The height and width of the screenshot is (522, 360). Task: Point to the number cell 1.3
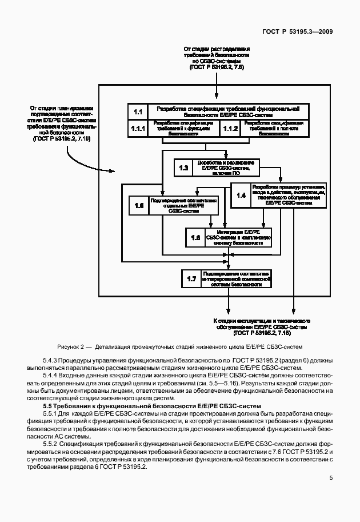[183, 168]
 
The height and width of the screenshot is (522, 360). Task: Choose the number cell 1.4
[241, 195]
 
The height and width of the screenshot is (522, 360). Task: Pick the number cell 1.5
[138, 206]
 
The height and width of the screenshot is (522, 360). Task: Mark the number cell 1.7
[191, 279]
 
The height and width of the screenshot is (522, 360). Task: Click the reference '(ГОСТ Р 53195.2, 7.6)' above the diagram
[215, 67]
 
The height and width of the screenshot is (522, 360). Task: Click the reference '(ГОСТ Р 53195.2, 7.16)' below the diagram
[262, 332]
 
